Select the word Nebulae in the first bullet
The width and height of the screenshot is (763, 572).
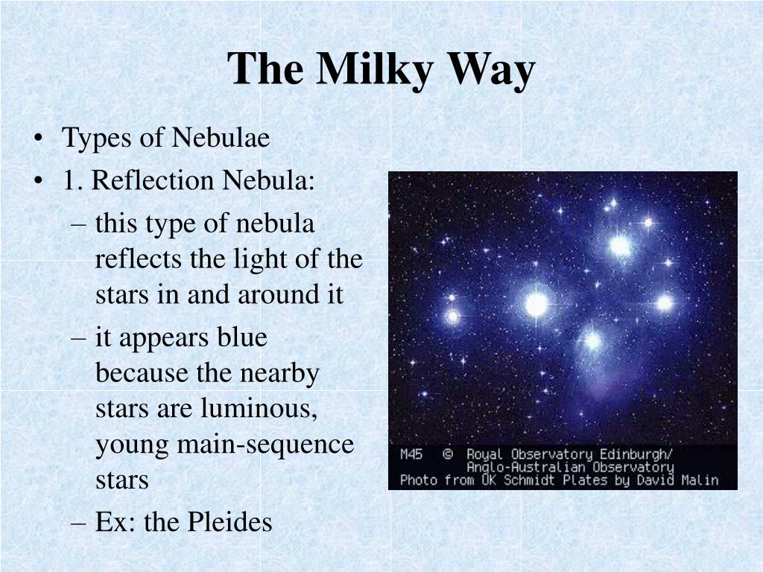pyautogui.click(x=221, y=137)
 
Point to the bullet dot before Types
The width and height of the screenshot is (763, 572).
pyautogui.click(x=39, y=139)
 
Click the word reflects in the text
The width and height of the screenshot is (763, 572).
pyautogui.click(x=139, y=258)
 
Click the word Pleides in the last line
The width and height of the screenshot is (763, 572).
pyautogui.click(x=229, y=521)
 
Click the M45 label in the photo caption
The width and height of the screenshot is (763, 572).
pyautogui.click(x=411, y=454)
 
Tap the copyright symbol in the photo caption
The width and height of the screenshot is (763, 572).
pyautogui.click(x=448, y=454)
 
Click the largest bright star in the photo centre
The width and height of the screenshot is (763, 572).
pyautogui.click(x=536, y=305)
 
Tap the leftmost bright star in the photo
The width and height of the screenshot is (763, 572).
pyautogui.click(x=452, y=317)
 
